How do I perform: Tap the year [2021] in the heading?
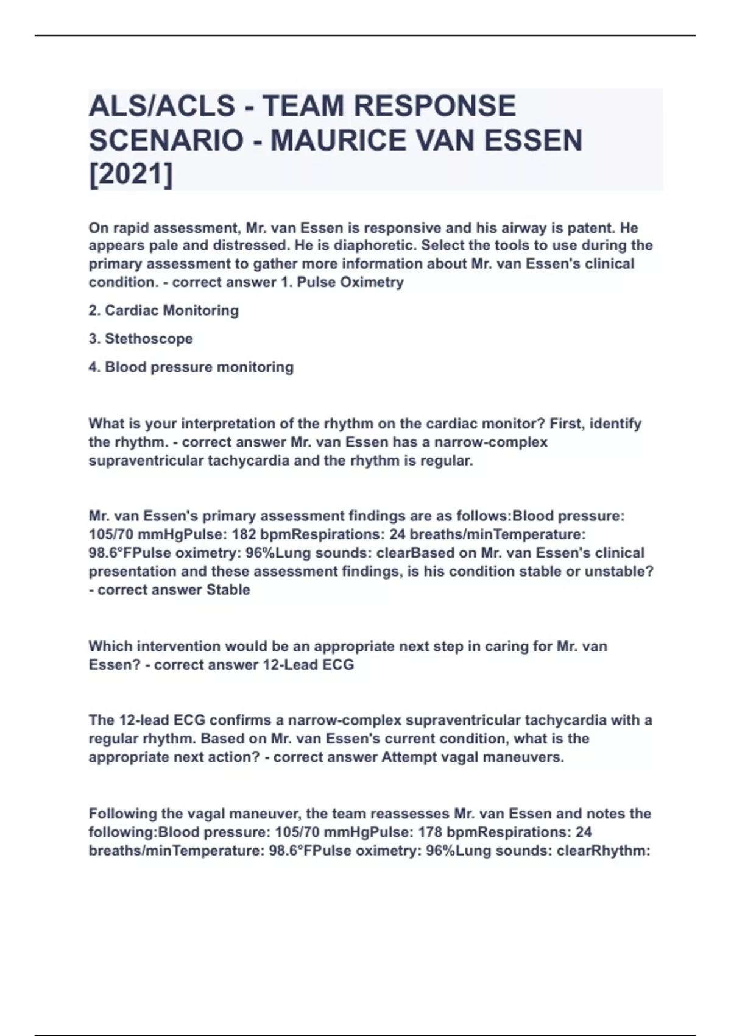131,176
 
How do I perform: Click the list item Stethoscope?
149,339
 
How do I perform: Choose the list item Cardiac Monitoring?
172,311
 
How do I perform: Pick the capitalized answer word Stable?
228,590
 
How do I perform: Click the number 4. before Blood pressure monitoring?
94,367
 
